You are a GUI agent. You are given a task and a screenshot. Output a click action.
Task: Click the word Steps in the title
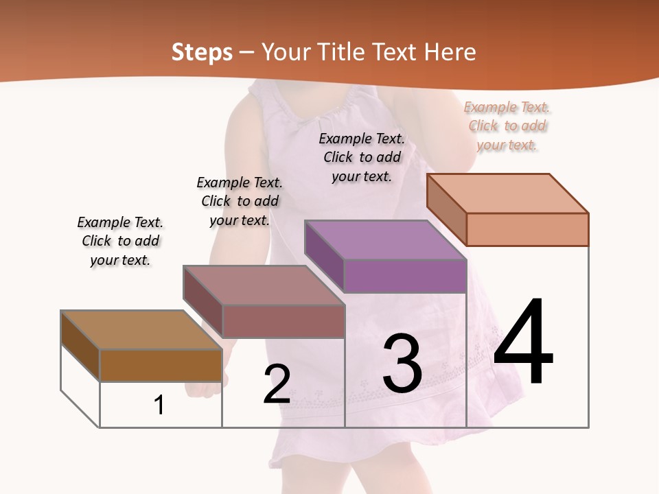pos(202,52)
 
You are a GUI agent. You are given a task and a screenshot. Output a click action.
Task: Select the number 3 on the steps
pos(402,364)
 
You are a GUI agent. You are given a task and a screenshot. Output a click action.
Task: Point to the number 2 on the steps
pos(277,384)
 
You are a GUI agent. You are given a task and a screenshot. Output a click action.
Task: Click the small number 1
pos(159,405)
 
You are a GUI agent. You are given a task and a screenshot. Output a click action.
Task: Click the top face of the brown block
pos(141,330)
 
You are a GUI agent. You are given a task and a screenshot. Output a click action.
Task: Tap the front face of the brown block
pos(161,365)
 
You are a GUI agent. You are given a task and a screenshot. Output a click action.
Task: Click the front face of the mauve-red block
pos(284,321)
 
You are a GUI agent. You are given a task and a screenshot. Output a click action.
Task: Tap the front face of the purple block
pos(405,276)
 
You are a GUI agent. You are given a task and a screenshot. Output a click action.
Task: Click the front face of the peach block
pos(527,229)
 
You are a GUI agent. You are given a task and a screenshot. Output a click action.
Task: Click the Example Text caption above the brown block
pos(121,241)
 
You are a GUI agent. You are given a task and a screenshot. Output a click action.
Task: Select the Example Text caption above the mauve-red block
pos(240,201)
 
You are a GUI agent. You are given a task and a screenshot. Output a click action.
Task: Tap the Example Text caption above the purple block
pos(362,157)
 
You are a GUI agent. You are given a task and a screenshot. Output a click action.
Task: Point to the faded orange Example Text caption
pos(507,126)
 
